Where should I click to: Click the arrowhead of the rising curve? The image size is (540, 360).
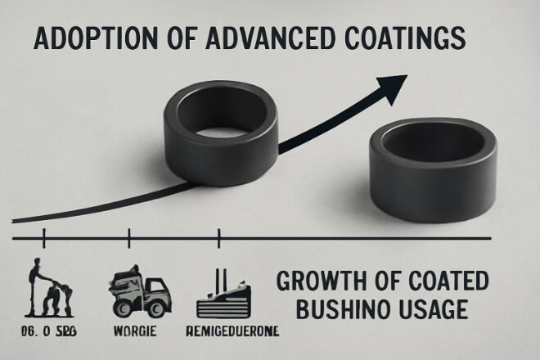pyautogui.click(x=394, y=85)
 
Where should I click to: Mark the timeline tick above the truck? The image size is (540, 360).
pyautogui.click(x=128, y=239)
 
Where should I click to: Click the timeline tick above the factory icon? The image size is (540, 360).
pyautogui.click(x=218, y=239)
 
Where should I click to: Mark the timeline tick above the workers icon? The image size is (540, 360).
pyautogui.click(x=43, y=239)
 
